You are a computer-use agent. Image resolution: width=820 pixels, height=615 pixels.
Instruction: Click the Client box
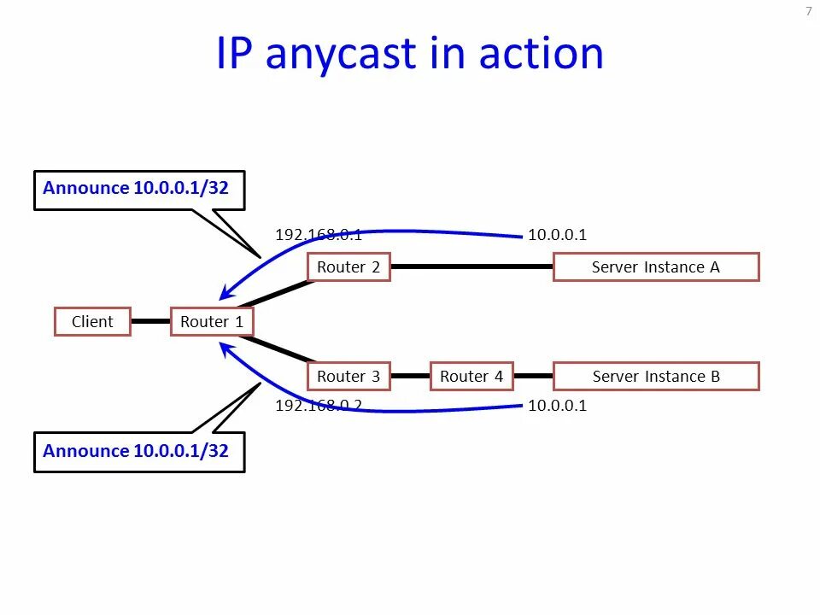pos(92,322)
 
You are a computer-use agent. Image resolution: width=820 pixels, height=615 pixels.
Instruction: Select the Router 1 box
pos(212,322)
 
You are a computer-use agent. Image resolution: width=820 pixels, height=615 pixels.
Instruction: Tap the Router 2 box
pos(348,267)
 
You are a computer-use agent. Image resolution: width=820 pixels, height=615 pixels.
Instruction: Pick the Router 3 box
pos(348,377)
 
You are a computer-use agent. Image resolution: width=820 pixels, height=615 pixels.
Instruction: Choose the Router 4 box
pos(471,377)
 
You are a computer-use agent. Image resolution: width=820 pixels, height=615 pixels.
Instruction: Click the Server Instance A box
pos(656,267)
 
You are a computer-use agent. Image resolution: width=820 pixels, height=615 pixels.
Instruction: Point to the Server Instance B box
pos(656,377)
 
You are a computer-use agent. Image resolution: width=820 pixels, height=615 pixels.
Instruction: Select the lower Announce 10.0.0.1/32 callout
pos(138,452)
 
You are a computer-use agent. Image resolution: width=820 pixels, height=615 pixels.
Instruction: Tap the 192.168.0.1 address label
pos(319,235)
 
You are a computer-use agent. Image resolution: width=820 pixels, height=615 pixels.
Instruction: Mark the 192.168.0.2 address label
pos(319,406)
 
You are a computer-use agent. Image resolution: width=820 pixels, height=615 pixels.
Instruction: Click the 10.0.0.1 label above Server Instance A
pos(557,235)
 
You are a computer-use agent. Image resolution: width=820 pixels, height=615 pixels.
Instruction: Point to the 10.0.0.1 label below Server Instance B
pos(557,406)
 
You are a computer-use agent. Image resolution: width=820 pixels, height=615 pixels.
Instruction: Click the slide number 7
pos(808,11)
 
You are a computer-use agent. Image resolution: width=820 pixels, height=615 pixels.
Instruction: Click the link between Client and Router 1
pos(150,322)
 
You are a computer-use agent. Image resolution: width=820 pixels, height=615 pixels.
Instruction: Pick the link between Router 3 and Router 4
pos(410,377)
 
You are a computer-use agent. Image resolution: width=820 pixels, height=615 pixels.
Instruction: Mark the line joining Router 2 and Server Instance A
pos(471,267)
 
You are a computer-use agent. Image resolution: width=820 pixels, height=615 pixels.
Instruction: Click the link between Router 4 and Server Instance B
pos(534,377)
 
